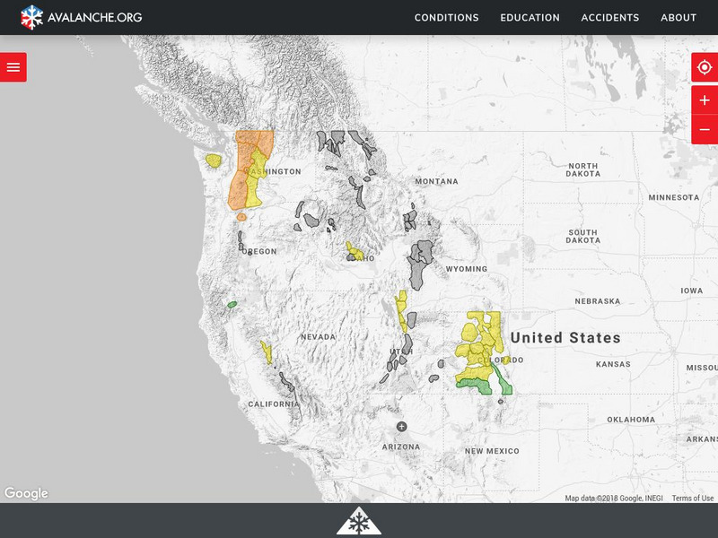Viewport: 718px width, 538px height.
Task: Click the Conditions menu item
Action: coord(446,17)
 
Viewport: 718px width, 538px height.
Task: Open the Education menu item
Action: coord(530,17)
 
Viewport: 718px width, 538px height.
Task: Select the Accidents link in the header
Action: coord(610,17)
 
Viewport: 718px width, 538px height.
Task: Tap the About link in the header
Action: coord(679,17)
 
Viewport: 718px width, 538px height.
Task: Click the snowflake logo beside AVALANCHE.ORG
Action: coord(31,17)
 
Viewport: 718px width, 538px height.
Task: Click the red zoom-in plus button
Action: coord(705,100)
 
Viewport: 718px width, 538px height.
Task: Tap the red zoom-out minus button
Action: coord(705,130)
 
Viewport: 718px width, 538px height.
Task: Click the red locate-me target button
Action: coord(705,67)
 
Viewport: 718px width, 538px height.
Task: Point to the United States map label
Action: coord(565,338)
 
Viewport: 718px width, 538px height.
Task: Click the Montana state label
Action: coord(436,181)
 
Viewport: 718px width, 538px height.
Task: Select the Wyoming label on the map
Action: coord(467,269)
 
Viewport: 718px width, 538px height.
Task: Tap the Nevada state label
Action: coord(318,337)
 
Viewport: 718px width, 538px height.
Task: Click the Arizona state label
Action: coord(400,447)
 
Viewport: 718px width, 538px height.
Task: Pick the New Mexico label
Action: coord(492,451)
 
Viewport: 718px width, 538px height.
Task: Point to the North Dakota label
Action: coord(582,170)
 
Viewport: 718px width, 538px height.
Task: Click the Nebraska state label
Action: coord(597,301)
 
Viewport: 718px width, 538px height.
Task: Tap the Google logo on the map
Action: coord(26,493)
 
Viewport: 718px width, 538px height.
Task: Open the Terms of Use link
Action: coord(693,499)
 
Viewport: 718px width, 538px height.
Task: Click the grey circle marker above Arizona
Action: coord(401,426)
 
